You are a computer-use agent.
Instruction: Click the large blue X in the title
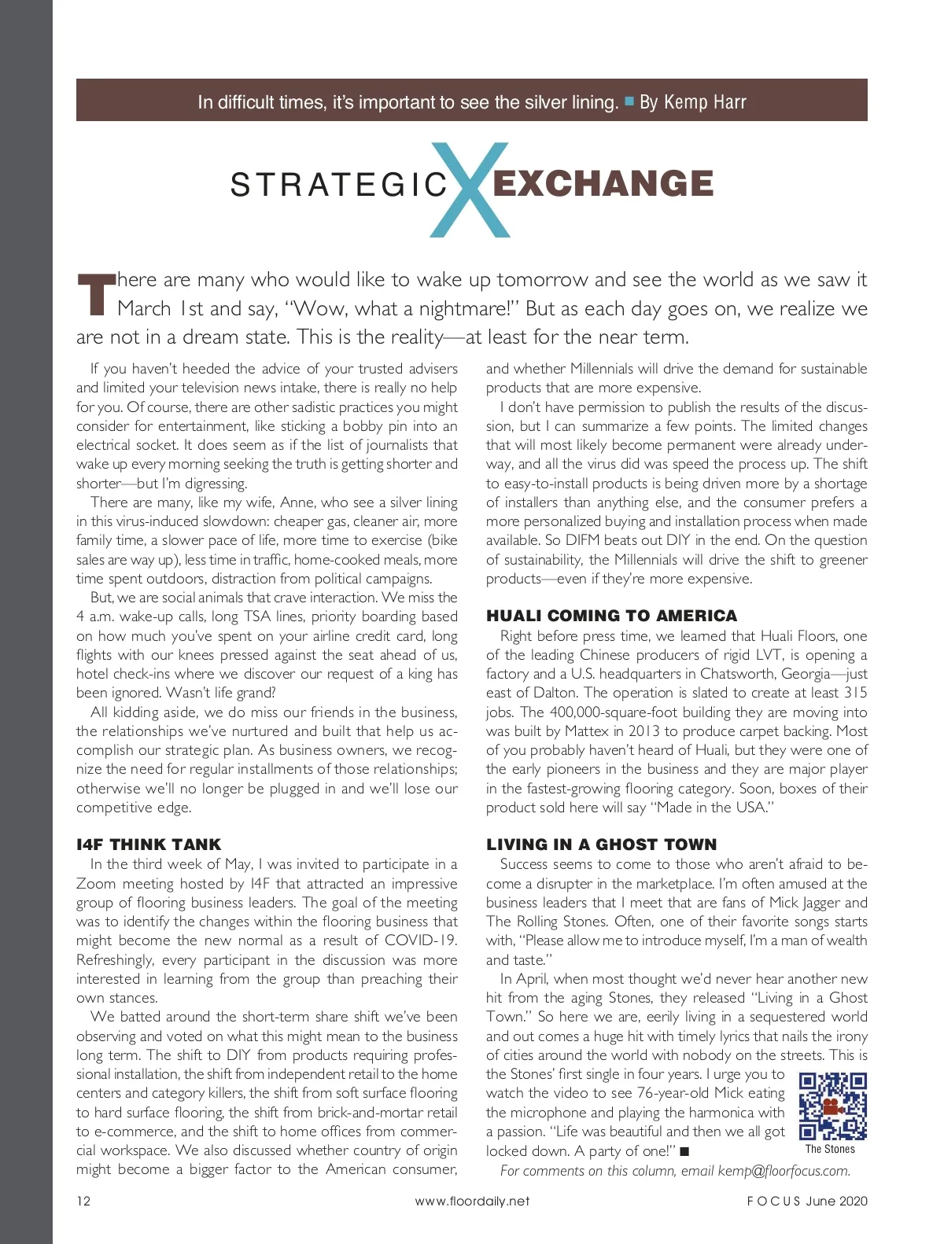coord(470,190)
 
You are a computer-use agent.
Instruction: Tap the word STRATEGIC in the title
coord(339,186)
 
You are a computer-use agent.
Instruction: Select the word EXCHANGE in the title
coord(603,184)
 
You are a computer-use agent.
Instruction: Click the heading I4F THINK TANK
coord(149,845)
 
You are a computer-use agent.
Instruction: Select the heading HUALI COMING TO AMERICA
coord(611,616)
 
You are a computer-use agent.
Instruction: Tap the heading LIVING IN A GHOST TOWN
coord(601,845)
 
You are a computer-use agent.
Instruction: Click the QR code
coord(832,1106)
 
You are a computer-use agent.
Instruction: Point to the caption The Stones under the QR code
coord(830,1149)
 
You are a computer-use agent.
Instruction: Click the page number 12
coord(83,1201)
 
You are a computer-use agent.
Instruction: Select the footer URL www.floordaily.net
coord(472,1201)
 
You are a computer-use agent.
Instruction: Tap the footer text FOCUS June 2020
coord(807,1201)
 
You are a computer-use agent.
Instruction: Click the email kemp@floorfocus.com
coord(784,1171)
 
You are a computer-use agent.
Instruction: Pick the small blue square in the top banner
coord(629,101)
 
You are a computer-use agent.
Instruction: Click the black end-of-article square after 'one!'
coord(684,1152)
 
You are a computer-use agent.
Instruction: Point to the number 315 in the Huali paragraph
coord(854,693)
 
